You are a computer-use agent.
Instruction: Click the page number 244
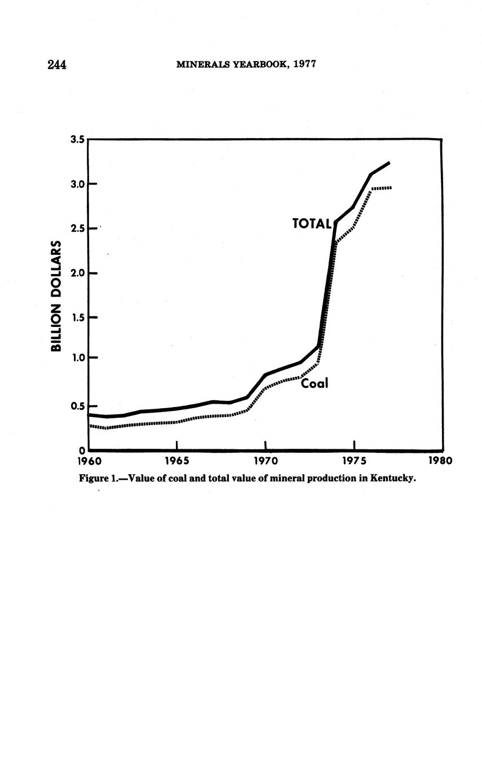[x=58, y=65]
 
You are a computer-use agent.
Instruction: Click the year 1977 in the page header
[x=305, y=64]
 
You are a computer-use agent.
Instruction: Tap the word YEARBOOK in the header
[x=254, y=64]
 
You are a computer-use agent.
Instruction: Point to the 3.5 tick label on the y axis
[x=78, y=140]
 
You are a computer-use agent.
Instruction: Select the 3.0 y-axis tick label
[x=78, y=184]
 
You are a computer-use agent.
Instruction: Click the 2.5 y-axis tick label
[x=78, y=228]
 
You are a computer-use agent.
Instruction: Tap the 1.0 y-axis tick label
[x=78, y=357]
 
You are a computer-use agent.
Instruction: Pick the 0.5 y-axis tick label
[x=78, y=406]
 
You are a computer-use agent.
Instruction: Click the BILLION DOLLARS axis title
[x=56, y=296]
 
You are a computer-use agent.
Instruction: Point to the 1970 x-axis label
[x=266, y=461]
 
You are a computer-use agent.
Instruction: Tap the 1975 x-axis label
[x=353, y=461]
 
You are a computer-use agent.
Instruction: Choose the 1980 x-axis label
[x=441, y=461]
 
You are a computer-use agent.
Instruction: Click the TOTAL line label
[x=312, y=224]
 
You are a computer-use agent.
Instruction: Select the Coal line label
[x=315, y=384]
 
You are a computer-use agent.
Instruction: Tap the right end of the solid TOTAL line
[x=389, y=163]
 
